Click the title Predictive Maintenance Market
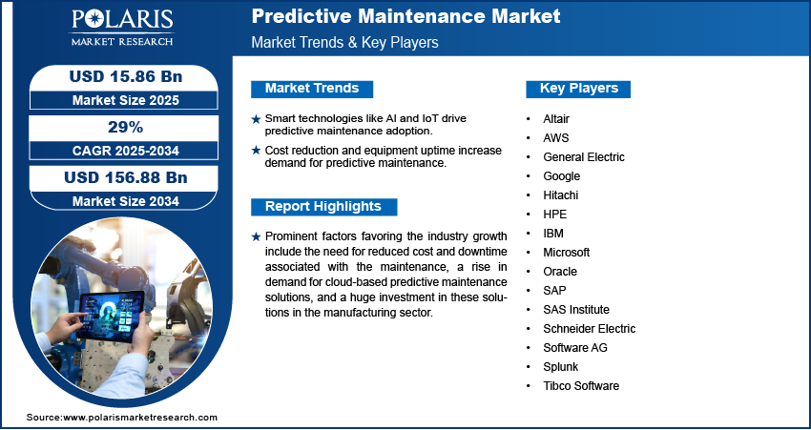click(405, 16)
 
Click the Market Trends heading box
click(312, 89)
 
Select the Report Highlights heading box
click(323, 207)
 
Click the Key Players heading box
click(578, 89)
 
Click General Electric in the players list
click(583, 157)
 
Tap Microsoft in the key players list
click(566, 253)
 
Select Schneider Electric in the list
click(589, 329)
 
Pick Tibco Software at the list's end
click(581, 386)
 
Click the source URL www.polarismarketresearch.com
click(140, 418)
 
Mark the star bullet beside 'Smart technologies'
click(256, 119)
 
